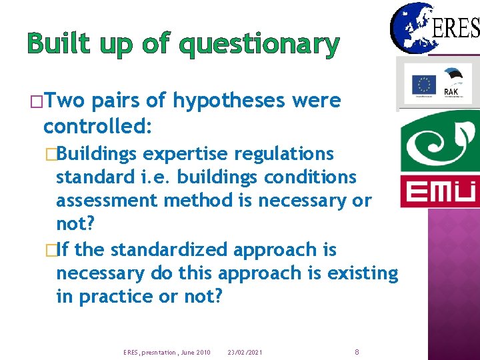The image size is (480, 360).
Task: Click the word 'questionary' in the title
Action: pos(260,45)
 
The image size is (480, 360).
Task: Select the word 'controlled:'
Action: pos(98,125)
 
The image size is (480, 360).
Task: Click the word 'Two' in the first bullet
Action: pos(66,101)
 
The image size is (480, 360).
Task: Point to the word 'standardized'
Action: pos(169,250)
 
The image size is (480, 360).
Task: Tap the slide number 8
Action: pos(357,351)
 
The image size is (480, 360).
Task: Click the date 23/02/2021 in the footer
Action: pos(245,352)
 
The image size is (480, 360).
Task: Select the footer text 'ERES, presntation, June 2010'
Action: pos(167,352)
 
